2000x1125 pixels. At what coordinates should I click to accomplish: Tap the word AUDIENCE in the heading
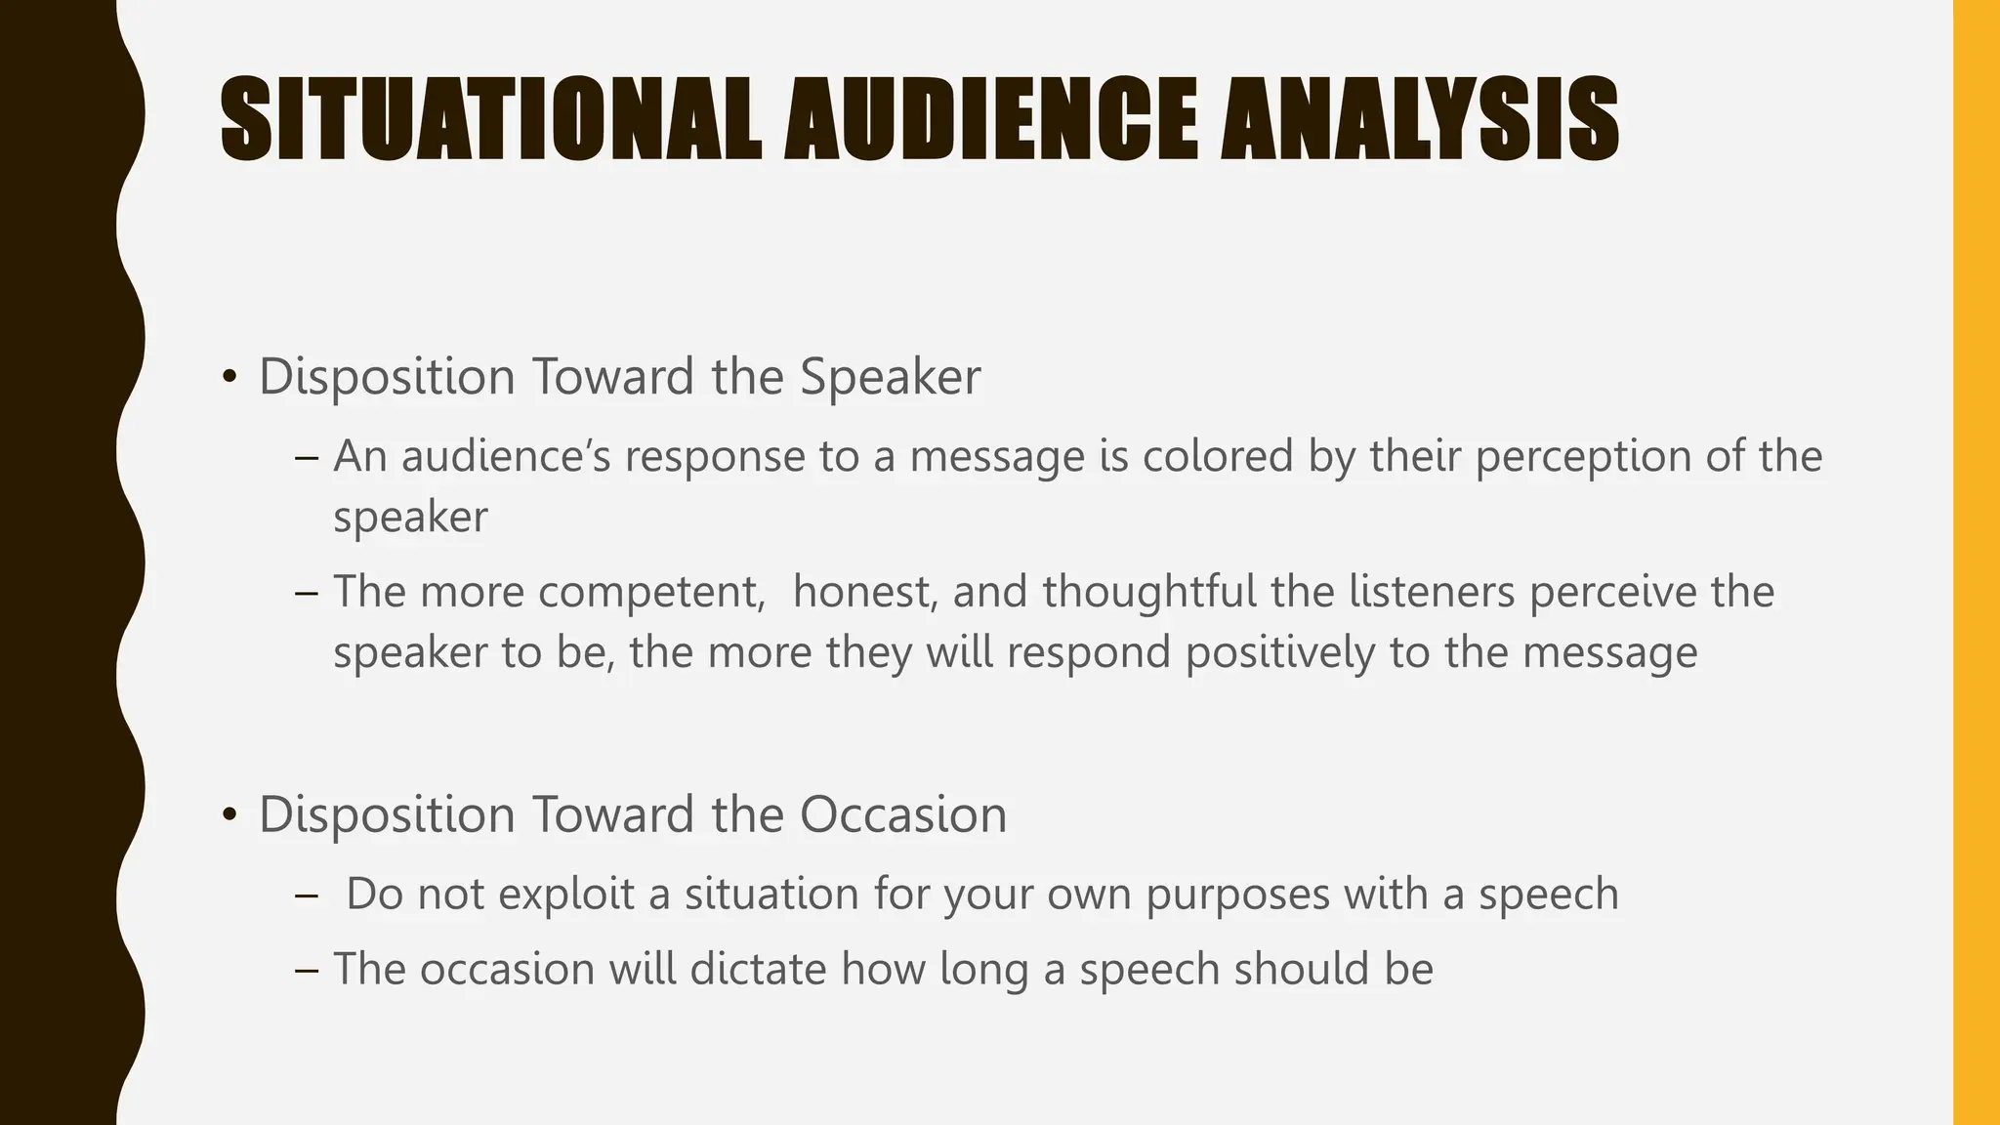pyautogui.click(x=990, y=121)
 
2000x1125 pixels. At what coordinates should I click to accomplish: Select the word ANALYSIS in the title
pyautogui.click(x=1420, y=121)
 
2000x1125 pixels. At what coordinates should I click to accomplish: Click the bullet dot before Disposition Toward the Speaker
pyautogui.click(x=229, y=378)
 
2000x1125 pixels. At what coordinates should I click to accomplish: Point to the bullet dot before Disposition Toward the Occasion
pyautogui.click(x=229, y=815)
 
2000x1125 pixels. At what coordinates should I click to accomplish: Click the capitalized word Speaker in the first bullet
pyautogui.click(x=890, y=378)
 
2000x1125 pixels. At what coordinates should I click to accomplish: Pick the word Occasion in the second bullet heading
pyautogui.click(x=903, y=815)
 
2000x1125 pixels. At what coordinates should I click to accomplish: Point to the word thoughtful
pyautogui.click(x=1149, y=592)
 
